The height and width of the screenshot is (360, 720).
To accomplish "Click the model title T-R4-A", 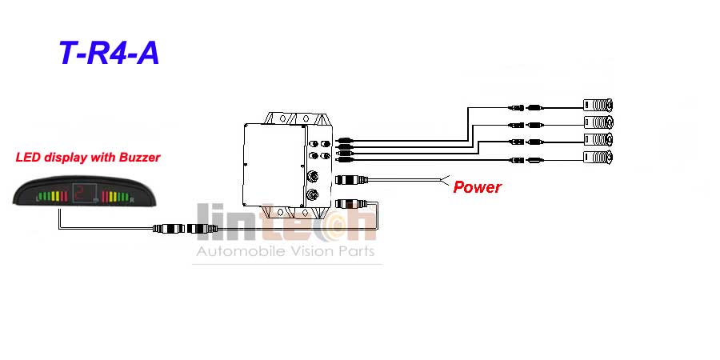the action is pyautogui.click(x=110, y=53).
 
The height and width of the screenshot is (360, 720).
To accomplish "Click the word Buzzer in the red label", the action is pyautogui.click(x=139, y=158).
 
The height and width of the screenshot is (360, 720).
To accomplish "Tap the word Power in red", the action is pyautogui.click(x=477, y=187).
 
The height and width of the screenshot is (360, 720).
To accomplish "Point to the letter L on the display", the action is pyautogui.click(x=38, y=199).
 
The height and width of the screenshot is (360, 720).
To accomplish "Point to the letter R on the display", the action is pyautogui.click(x=132, y=200).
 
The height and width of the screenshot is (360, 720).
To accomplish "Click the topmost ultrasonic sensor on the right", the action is pyautogui.click(x=598, y=105).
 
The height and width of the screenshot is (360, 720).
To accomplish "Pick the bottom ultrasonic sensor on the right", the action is pyautogui.click(x=598, y=157).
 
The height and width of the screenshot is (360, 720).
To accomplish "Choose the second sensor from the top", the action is pyautogui.click(x=598, y=122).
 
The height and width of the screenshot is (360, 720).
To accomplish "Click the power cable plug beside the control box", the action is pyautogui.click(x=351, y=179).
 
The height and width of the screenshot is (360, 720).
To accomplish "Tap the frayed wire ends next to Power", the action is pyautogui.click(x=445, y=181).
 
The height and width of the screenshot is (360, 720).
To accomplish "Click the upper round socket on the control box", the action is pyautogui.click(x=312, y=176).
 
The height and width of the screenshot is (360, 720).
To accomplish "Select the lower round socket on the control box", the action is pyautogui.click(x=312, y=196).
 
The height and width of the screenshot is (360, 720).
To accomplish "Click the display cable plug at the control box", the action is pyautogui.click(x=351, y=202).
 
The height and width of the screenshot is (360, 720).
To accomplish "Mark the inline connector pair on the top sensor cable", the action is pyautogui.click(x=526, y=108).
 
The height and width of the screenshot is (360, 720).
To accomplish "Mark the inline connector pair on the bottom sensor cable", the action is pyautogui.click(x=526, y=160).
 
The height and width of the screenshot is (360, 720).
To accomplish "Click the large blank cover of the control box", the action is pyautogui.click(x=274, y=164).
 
